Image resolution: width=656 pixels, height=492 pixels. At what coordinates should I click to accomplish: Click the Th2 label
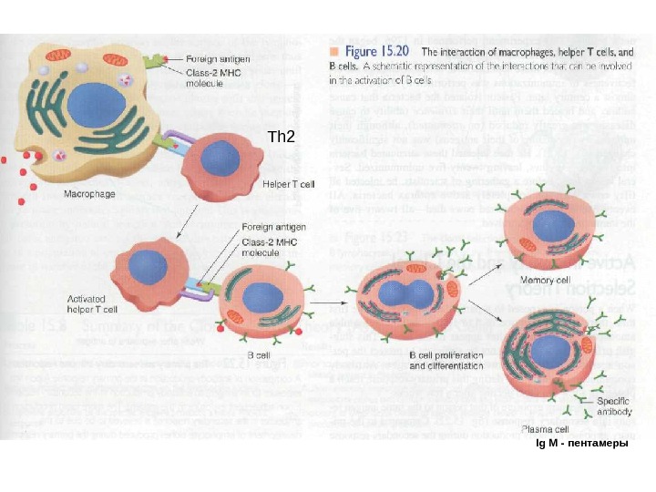coord(282,138)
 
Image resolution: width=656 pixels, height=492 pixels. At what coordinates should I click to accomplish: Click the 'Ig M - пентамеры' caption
coord(582,444)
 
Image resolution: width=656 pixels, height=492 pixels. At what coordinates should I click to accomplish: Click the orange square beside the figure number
coord(334,52)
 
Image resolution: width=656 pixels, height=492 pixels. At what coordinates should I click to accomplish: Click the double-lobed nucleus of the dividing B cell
coord(410,297)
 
